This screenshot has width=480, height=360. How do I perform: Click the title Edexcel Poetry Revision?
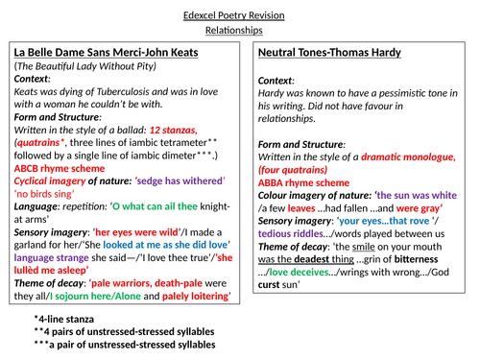point(240,12)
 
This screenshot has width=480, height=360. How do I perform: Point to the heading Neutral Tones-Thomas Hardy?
point(335,55)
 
